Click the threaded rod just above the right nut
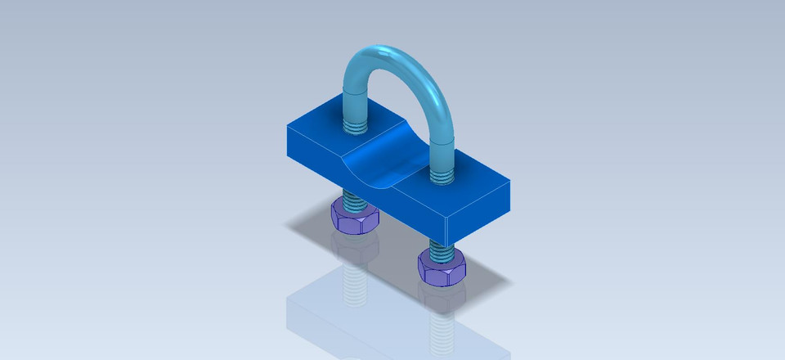pyautogui.click(x=439, y=245)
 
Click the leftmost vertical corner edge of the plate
pyautogui.click(x=287, y=141)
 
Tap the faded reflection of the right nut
pyautogui.click(x=442, y=299)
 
